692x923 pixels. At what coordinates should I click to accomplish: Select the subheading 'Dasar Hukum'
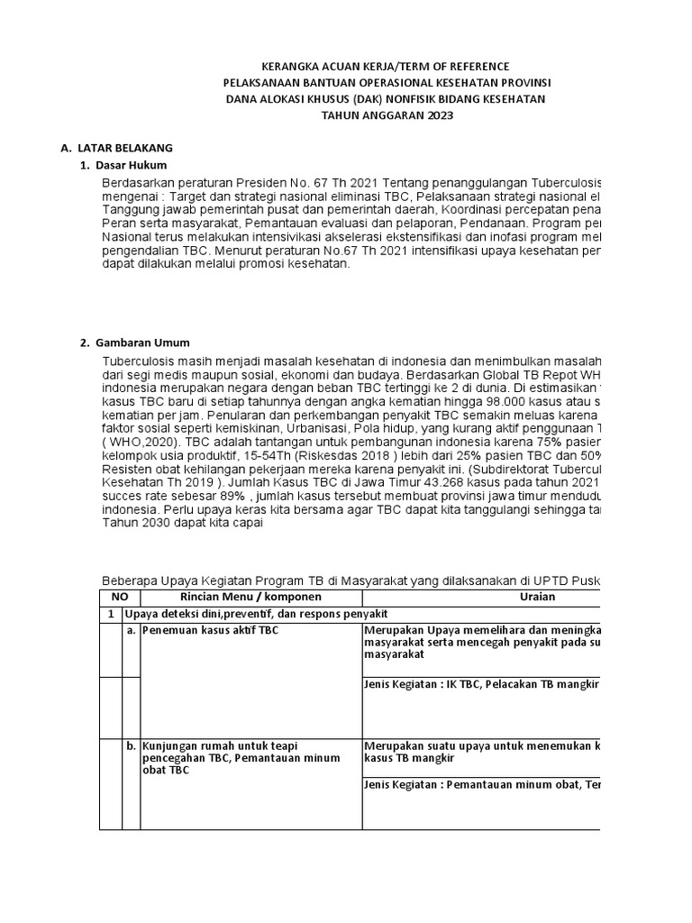(135, 166)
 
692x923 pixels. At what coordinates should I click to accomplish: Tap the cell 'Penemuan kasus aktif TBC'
(211, 631)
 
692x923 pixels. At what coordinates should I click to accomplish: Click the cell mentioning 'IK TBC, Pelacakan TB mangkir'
(481, 685)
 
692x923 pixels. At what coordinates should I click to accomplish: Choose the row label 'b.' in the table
(132, 746)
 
